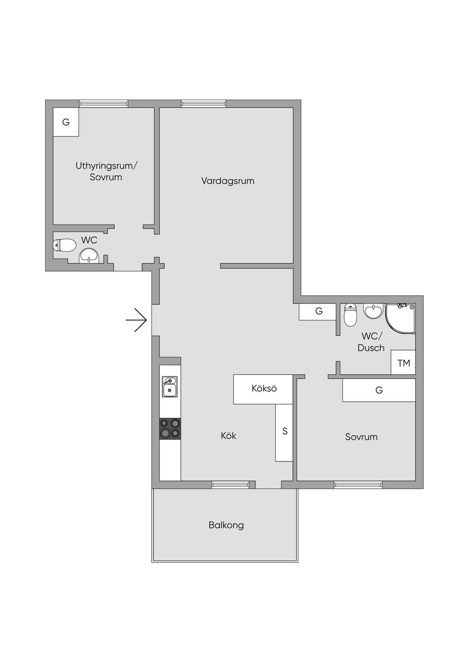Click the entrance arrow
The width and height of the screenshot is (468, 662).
137,320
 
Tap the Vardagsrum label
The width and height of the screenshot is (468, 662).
228,181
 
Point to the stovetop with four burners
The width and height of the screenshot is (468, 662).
170,428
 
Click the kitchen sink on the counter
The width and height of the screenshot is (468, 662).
170,387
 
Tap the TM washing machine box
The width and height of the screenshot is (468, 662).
403,363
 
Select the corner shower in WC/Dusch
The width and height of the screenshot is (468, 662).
400,318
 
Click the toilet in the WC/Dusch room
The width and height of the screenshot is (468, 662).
351,315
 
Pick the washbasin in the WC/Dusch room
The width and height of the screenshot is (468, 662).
373,311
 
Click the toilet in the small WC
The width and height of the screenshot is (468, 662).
64,246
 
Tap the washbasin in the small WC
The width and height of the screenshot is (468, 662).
89,256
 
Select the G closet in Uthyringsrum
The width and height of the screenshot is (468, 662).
66,122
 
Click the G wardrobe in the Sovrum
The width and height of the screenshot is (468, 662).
379,390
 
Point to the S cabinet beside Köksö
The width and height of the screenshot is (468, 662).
284,432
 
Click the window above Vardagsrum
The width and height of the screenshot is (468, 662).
203,103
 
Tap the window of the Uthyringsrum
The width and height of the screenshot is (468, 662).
104,103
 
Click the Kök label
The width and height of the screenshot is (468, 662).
229,436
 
